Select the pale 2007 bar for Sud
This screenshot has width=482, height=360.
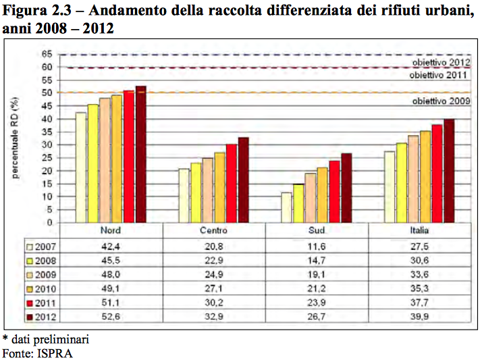pyautogui.click(x=286, y=207)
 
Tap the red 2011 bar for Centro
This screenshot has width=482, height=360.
pyautogui.click(x=232, y=183)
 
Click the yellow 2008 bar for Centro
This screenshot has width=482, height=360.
pyautogui.click(x=196, y=192)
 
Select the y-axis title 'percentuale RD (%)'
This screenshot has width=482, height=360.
pyautogui.click(x=15, y=138)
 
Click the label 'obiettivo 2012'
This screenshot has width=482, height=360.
pyautogui.click(x=441, y=62)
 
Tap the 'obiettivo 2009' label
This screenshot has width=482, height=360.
pyautogui.click(x=441, y=101)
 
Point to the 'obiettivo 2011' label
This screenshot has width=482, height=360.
pyautogui.click(x=441, y=75)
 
